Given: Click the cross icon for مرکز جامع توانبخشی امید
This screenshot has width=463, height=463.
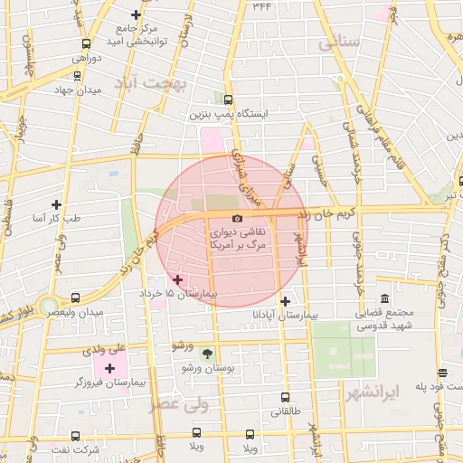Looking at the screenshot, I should coord(136,14).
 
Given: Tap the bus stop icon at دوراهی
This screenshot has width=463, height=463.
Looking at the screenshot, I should coord(86,43).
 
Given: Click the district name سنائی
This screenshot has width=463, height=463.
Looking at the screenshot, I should coord(339,43).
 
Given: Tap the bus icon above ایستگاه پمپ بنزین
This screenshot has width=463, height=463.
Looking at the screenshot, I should coord(226,100).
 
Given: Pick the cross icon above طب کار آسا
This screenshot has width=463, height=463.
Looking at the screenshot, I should coord(57,205).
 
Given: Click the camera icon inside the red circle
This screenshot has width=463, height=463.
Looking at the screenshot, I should coord(237,218).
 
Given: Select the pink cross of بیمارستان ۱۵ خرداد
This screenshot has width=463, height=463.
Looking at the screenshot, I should coord(177,280).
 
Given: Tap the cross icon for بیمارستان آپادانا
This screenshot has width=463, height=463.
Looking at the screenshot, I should coord(286,301).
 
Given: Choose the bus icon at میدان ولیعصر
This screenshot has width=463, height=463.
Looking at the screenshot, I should coord(75,298).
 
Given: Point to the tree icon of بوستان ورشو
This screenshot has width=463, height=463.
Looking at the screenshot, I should coord(209,353).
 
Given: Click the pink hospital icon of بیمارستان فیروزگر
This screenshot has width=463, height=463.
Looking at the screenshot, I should coord(110,367).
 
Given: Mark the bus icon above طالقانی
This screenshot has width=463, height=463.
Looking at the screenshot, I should coord(286,396).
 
